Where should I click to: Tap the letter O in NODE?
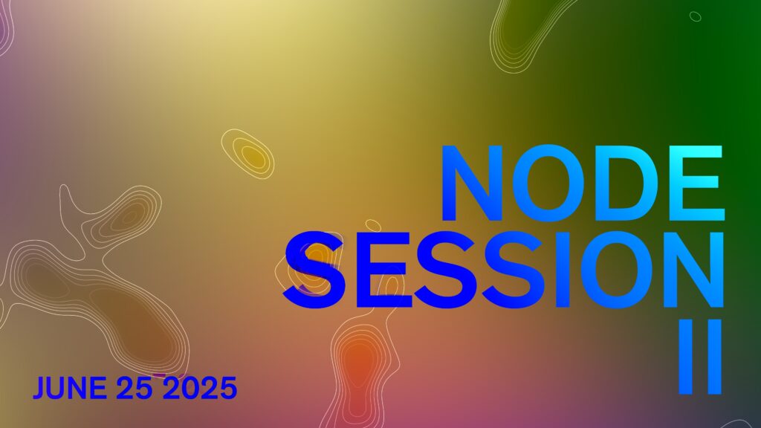click(x=550, y=183)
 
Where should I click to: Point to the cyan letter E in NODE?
click(x=696, y=183)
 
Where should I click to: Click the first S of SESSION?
click(x=314, y=270)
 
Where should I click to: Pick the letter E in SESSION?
click(x=384, y=270)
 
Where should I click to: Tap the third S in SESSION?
click(x=514, y=270)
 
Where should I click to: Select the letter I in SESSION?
click(x=563, y=270)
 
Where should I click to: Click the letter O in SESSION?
click(x=618, y=270)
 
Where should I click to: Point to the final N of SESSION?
click(x=694, y=270)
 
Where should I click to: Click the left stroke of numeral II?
click(x=685, y=356)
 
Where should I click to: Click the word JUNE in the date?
click(x=69, y=388)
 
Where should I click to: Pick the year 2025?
click(x=199, y=388)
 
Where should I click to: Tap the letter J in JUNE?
click(x=41, y=388)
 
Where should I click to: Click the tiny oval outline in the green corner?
click(x=696, y=16)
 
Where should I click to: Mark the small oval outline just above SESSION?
click(x=373, y=226)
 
